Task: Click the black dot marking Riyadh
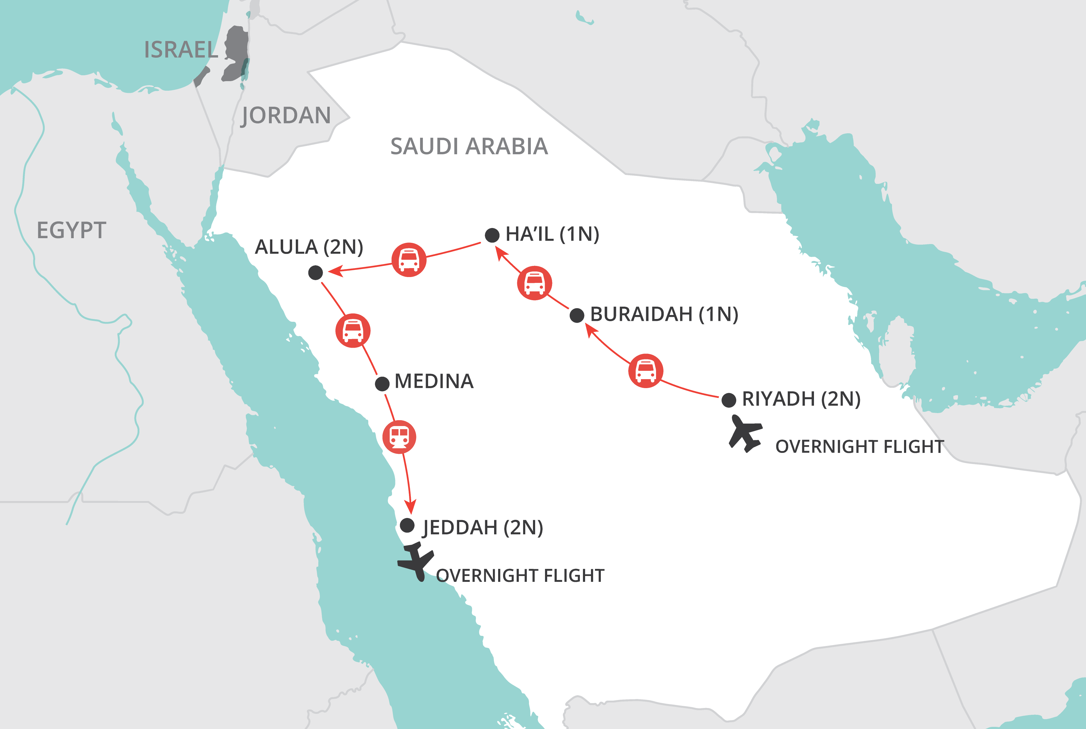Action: [x=729, y=400]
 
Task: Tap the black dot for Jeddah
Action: [x=407, y=525]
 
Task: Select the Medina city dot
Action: [x=382, y=383]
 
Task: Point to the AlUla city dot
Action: [x=316, y=272]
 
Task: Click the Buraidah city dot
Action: [x=577, y=315]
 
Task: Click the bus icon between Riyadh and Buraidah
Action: [x=646, y=371]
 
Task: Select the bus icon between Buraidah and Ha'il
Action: [x=535, y=283]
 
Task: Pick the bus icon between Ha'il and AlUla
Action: [x=409, y=259]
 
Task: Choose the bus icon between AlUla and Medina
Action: [x=353, y=330]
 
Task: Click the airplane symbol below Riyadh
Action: [x=745, y=433]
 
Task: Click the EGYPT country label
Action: [x=72, y=230]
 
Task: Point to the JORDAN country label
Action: [x=286, y=115]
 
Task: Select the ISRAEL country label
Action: [x=181, y=50]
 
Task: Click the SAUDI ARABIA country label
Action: [x=469, y=147]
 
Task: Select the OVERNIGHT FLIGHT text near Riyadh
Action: [x=860, y=446]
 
